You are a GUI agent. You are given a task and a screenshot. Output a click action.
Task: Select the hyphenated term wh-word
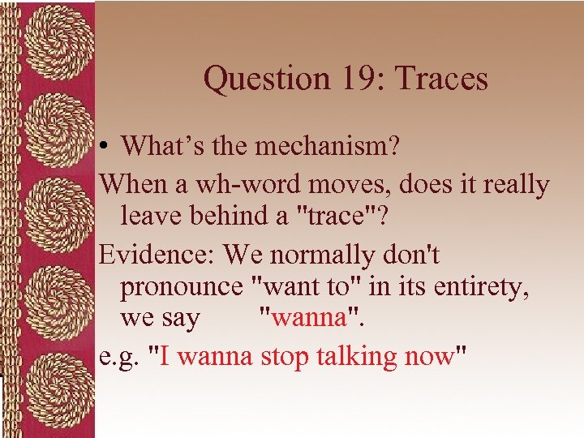tap(234, 184)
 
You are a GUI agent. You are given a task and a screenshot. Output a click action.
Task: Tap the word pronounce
tap(180, 286)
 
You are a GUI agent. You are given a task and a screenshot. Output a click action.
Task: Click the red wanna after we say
tap(309, 318)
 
